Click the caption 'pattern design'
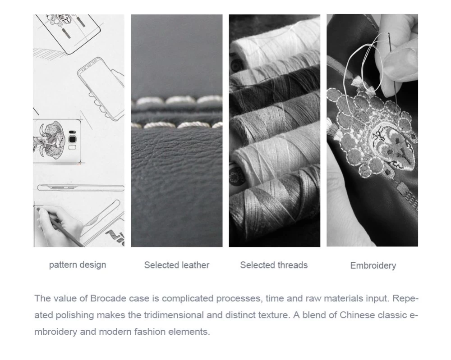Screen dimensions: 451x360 pyautogui.click(x=78, y=265)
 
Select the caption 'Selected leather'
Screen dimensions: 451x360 pyautogui.click(x=177, y=265)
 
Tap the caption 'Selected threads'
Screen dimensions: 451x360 pyautogui.click(x=274, y=265)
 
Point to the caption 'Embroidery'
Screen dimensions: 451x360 pyautogui.click(x=373, y=265)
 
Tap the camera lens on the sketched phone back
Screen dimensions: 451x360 pyautogui.click(x=72, y=139)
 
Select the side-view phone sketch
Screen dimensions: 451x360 pyautogui.click(x=81, y=187)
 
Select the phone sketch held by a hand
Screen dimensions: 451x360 pyautogui.click(x=101, y=87)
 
